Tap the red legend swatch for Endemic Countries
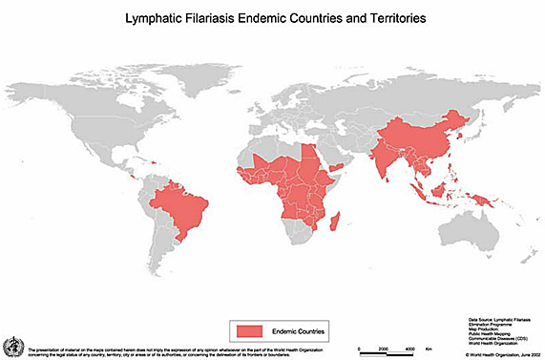pos(248,329)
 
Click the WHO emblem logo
pos(12,345)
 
